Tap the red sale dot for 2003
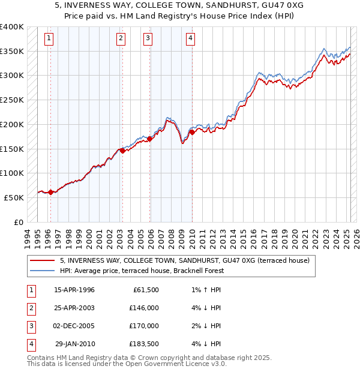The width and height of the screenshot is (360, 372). pos(122,151)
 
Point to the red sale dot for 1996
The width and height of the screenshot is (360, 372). pos(51,192)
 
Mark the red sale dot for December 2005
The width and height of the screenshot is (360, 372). pos(150,139)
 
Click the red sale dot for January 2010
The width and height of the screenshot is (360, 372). pos(192,133)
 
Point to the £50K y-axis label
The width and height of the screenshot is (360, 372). pos(14,197)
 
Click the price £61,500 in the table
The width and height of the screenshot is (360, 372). pos(144,290)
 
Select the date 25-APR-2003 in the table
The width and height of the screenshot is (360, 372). pos(74,308)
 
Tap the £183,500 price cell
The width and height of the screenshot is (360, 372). pos(144,344)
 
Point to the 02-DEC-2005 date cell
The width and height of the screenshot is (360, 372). pos(74,326)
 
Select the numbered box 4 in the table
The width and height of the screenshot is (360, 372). pos(30,344)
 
